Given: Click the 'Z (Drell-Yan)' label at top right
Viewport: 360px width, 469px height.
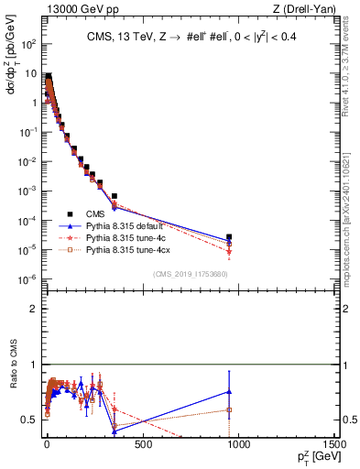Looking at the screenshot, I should pyautogui.click(x=306, y=9).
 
